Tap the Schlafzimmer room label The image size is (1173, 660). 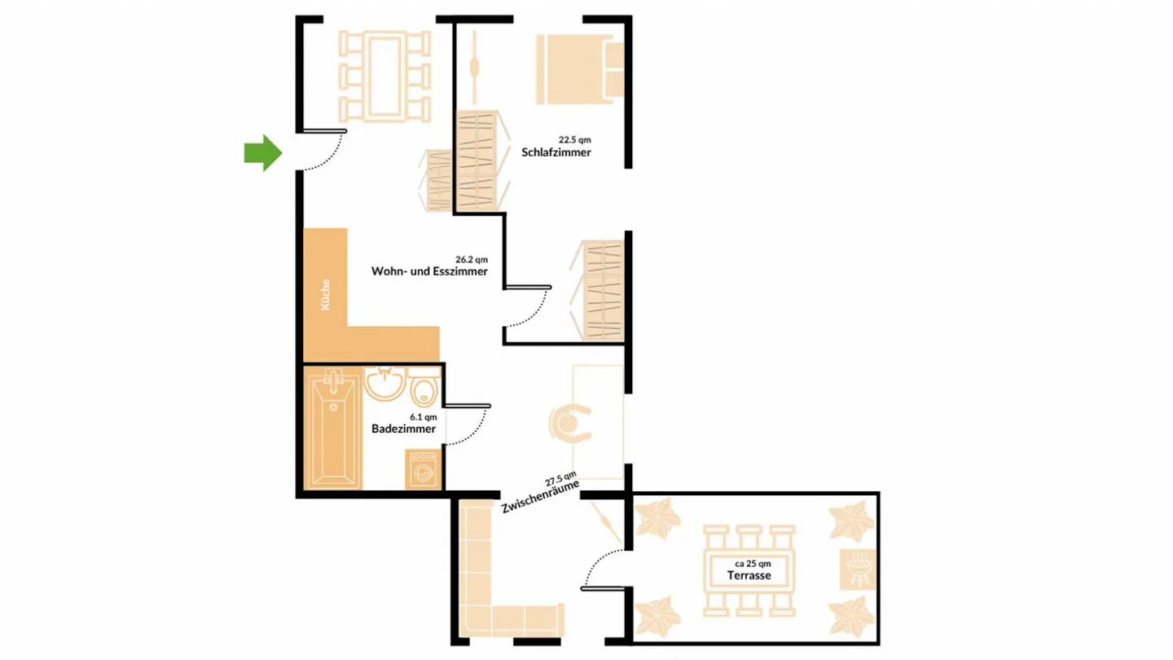[x=556, y=152]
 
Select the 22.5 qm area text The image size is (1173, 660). [x=574, y=139]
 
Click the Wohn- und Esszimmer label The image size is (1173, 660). [x=429, y=271]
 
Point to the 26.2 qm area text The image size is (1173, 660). [x=472, y=259]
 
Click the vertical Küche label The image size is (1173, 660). [x=326, y=295]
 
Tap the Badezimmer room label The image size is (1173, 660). [x=403, y=429]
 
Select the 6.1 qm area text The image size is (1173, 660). [x=424, y=416]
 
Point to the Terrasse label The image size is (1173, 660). [x=749, y=575]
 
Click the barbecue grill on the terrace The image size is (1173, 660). [x=859, y=567]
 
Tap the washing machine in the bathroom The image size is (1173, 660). [x=424, y=471]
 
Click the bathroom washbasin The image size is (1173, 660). [x=384, y=382]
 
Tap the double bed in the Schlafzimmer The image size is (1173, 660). [x=579, y=69]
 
